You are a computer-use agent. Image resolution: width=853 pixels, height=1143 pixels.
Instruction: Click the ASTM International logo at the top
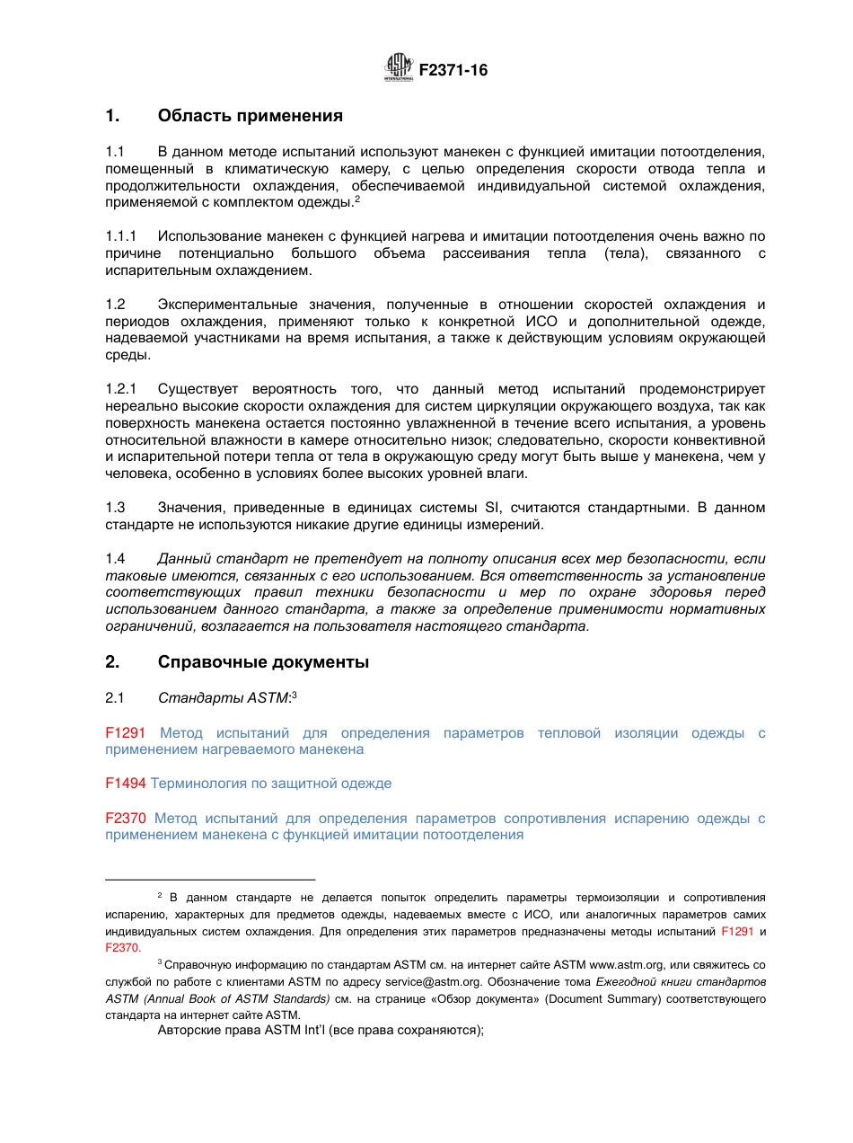pos(399,67)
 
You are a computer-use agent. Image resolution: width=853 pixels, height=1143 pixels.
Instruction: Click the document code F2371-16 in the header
pos(453,70)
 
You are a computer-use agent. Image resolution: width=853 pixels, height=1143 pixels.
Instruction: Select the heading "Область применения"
pos(250,116)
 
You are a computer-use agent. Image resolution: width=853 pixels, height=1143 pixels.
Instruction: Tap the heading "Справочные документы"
pos(263,662)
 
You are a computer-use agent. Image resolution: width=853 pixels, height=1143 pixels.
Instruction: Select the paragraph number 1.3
pos(115,508)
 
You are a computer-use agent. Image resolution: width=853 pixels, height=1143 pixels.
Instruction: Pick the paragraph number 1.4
pos(115,559)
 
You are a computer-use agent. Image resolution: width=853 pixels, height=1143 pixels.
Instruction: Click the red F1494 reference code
pos(125,784)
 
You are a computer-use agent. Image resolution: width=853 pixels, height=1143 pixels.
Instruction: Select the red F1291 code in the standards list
pos(125,733)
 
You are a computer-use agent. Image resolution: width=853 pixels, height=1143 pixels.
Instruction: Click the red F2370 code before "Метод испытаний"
pos(125,819)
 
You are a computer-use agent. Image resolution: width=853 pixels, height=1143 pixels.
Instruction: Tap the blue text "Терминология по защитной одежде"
pos(270,784)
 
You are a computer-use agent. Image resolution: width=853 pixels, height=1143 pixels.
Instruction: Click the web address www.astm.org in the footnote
pos(627,964)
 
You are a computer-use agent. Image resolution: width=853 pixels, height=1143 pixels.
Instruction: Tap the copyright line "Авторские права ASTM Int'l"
pos(321,1031)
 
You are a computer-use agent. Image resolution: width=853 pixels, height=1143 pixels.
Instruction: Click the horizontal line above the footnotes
pos(210,880)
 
